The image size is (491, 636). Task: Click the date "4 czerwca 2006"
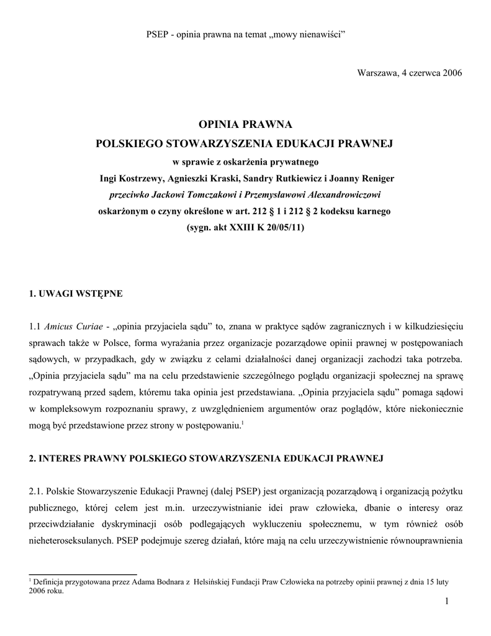tap(431, 73)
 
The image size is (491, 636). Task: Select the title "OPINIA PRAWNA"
tap(245, 125)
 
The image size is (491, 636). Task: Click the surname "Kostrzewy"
tap(138, 178)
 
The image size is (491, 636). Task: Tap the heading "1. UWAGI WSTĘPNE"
tap(76, 293)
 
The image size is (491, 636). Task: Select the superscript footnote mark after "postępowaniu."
tap(242, 424)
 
